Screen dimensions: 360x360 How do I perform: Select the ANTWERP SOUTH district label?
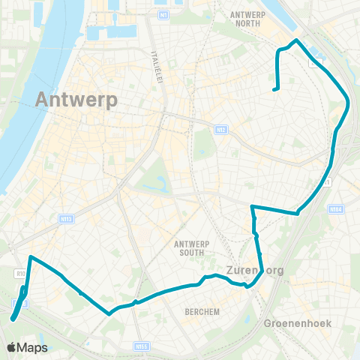point(194,247)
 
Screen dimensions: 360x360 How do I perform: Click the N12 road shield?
point(220,130)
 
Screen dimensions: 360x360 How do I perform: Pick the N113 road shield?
point(65,219)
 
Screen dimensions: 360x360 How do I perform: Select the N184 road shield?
point(335,209)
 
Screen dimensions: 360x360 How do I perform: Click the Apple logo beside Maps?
point(11,347)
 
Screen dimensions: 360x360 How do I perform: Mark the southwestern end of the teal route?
point(13,319)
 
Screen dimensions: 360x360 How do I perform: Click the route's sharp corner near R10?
point(30,257)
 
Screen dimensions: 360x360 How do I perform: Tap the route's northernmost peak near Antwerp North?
point(297,40)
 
